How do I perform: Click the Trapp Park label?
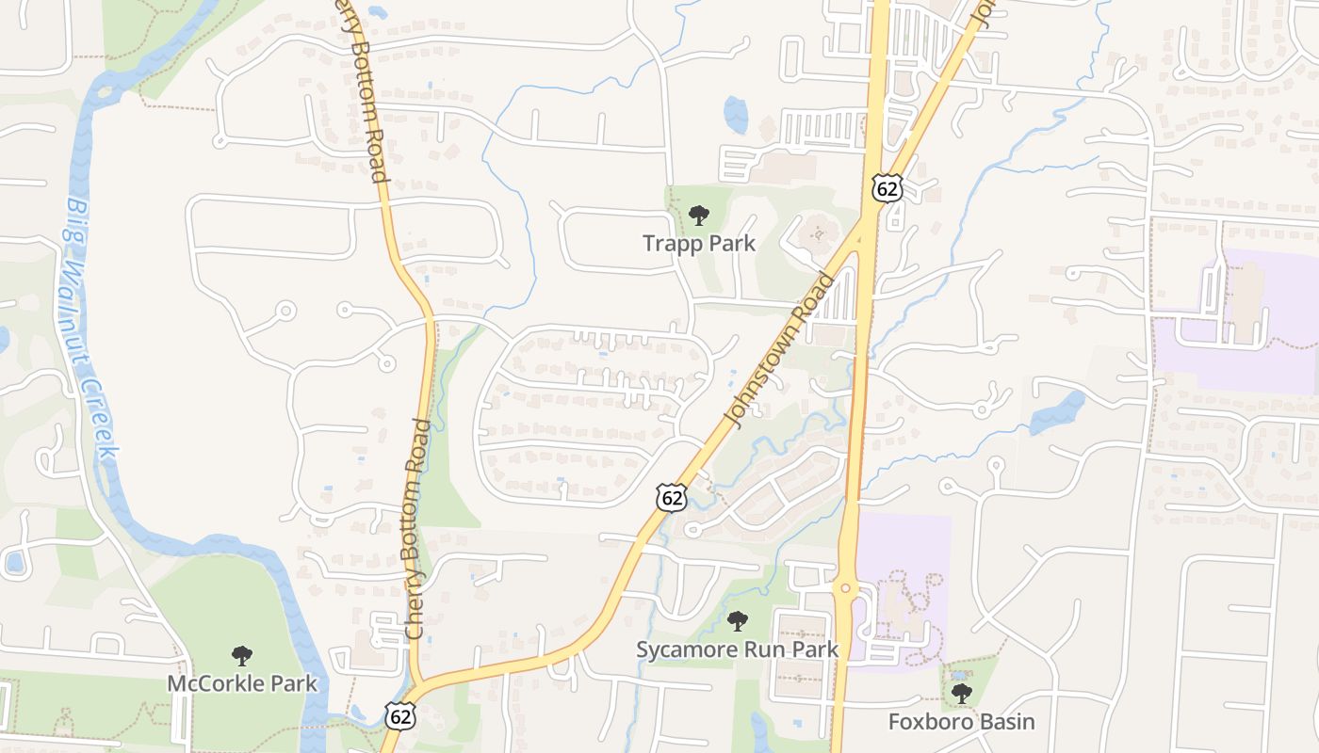tap(698, 243)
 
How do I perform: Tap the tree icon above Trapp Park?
tap(698, 216)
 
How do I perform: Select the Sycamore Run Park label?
tap(737, 649)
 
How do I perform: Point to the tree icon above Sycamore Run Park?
tap(737, 621)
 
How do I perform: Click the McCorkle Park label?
tap(242, 682)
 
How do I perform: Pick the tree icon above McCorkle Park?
tap(242, 656)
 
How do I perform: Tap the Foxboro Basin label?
tap(961, 722)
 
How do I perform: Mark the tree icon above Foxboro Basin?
tap(961, 695)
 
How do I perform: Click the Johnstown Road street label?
tap(780, 350)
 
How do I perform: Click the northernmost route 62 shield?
tap(886, 188)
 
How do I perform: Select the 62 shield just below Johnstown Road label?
tap(671, 498)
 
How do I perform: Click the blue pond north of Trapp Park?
tap(735, 114)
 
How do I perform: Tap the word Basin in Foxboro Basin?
tap(1007, 722)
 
